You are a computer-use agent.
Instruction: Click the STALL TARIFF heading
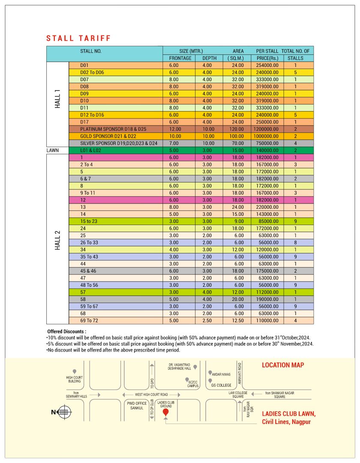[78, 38]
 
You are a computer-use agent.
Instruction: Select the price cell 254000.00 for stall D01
[267, 65]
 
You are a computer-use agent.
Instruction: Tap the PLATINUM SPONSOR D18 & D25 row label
[113, 129]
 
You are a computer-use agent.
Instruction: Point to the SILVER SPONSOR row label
[119, 143]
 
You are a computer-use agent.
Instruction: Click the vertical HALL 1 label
[57, 99]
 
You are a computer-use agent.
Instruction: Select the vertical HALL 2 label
[57, 240]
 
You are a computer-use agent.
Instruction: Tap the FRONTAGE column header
[180, 58]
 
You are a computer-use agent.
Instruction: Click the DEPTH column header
[210, 58]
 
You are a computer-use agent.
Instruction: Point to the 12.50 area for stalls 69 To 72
[238, 320]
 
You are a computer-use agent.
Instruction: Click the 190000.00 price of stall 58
[267, 299]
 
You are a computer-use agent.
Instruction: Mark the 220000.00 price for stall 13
[267, 207]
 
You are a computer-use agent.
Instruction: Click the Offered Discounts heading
[67, 331]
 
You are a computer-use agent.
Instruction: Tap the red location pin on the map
[165, 412]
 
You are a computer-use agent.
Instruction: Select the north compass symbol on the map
[64, 412]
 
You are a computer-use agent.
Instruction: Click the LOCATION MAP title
[283, 365]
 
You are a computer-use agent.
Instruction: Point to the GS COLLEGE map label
[221, 385]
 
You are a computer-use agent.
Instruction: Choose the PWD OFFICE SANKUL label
[137, 406]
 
